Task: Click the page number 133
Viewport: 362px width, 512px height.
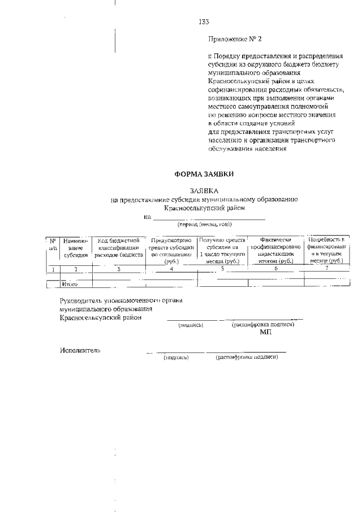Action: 204,22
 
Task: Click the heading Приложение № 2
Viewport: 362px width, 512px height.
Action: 236,40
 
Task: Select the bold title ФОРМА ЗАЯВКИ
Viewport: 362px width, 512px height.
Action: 204,174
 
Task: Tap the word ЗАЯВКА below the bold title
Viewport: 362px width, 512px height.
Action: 204,191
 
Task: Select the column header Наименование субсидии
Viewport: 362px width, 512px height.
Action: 76,248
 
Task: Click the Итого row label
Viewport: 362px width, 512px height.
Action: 70,283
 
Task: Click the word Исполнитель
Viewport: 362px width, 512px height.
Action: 80,351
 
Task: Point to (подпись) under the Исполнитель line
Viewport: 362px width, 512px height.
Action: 176,358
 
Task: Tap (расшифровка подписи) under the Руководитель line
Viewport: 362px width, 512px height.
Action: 263,325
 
